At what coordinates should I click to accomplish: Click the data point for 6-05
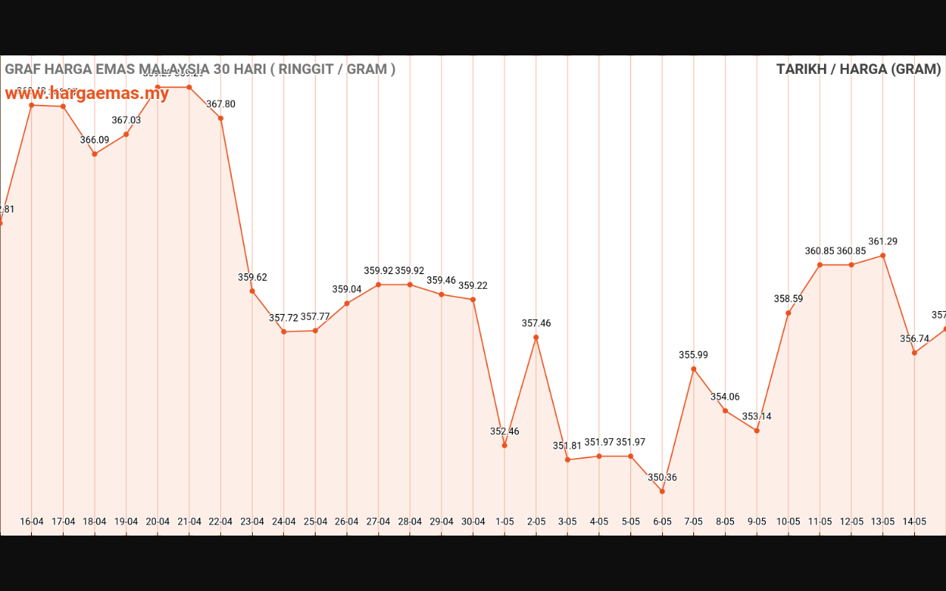[662, 491]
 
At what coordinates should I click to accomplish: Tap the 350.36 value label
[662, 477]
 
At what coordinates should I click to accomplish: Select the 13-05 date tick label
[883, 521]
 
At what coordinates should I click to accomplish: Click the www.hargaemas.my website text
[87, 94]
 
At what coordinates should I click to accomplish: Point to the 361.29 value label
[883, 242]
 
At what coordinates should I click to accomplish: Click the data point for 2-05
[536, 338]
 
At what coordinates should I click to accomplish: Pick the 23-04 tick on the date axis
[252, 521]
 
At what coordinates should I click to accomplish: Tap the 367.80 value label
[221, 104]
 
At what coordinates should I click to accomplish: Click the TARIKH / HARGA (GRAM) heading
[858, 69]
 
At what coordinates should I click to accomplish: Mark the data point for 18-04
[95, 154]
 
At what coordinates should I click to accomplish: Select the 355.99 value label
[693, 355]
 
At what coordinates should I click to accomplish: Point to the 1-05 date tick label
[505, 521]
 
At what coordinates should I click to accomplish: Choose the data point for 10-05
[789, 313]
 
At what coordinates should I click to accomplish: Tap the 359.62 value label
[253, 278]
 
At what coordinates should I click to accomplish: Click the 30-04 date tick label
[473, 521]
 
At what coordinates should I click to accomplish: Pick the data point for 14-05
[914, 352]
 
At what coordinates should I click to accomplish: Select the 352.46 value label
[505, 431]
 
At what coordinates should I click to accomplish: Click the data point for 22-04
[221, 118]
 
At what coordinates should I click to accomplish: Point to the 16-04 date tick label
[32, 521]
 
